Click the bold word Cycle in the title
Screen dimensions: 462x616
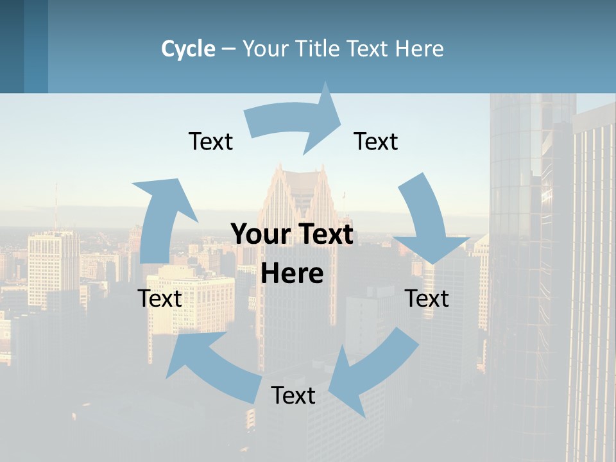[x=188, y=49]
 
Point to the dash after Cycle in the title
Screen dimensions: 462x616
[x=228, y=49]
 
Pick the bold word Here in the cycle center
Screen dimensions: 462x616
[x=292, y=274]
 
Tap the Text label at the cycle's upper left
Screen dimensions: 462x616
[x=210, y=142]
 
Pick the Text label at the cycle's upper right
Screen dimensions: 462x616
[x=376, y=142]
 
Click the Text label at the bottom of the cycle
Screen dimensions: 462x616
[x=293, y=396]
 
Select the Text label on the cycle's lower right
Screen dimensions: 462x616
[x=427, y=299]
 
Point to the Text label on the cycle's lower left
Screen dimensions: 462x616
[x=160, y=299]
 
